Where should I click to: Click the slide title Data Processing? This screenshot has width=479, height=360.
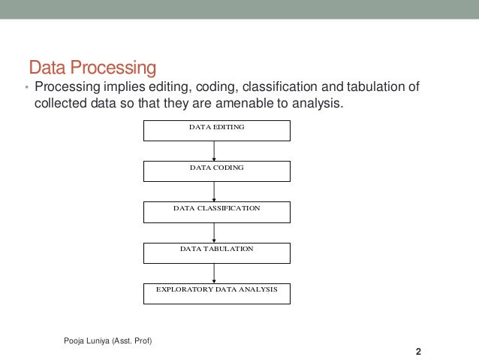(92, 68)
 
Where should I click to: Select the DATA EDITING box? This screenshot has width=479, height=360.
(216, 129)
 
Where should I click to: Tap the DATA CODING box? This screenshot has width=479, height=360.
(216, 171)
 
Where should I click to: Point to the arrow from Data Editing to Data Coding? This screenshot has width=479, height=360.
(215, 151)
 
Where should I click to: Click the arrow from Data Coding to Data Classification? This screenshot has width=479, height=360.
(215, 192)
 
